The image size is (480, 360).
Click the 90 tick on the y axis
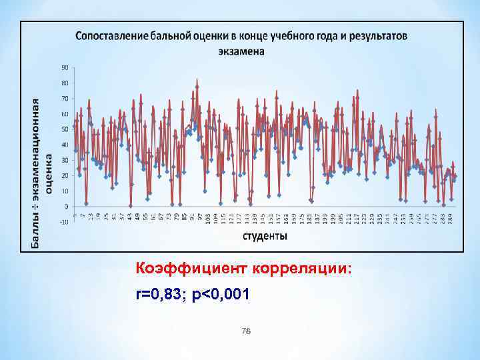point(65,67)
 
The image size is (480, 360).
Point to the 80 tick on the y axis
point(65,83)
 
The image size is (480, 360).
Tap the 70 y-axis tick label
point(65,99)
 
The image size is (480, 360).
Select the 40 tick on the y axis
point(65,145)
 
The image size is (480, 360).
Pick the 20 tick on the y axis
point(65,175)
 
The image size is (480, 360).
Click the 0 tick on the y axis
point(66,207)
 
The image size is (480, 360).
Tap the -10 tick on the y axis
point(64,222)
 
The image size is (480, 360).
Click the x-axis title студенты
point(265,236)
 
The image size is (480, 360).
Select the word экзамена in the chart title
point(241,51)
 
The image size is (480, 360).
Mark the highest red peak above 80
point(197,79)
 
